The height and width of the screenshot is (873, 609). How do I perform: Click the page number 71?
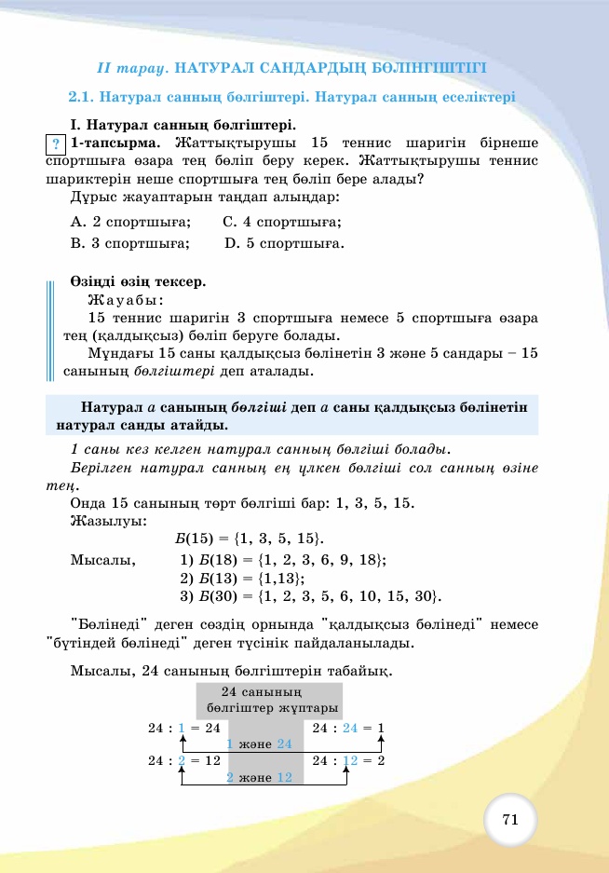pos(509,820)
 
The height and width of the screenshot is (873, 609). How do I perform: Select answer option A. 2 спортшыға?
pos(131,222)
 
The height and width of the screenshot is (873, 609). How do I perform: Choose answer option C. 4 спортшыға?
pos(282,222)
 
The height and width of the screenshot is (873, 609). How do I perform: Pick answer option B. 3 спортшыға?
pos(130,244)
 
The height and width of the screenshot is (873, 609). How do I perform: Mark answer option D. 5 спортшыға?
pos(285,244)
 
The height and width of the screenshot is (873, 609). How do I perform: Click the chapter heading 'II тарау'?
pos(131,68)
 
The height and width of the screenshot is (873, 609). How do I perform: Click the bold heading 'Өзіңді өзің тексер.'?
pos(137,281)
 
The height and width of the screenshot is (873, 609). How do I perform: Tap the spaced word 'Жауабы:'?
pos(125,300)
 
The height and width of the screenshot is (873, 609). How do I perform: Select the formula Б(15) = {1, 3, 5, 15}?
pos(250,539)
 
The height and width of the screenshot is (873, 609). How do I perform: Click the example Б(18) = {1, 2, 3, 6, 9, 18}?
pos(282,560)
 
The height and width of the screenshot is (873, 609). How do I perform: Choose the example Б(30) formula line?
pos(309,596)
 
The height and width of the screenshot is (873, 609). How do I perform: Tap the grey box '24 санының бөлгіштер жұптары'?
pos(270,700)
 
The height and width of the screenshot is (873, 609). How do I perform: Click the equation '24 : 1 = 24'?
pos(184,727)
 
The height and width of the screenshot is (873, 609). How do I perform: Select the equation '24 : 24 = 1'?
pos(348,727)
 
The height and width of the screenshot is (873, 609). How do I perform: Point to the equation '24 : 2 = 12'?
pos(184,760)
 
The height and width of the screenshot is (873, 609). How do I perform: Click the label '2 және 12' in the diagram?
pos(260,777)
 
